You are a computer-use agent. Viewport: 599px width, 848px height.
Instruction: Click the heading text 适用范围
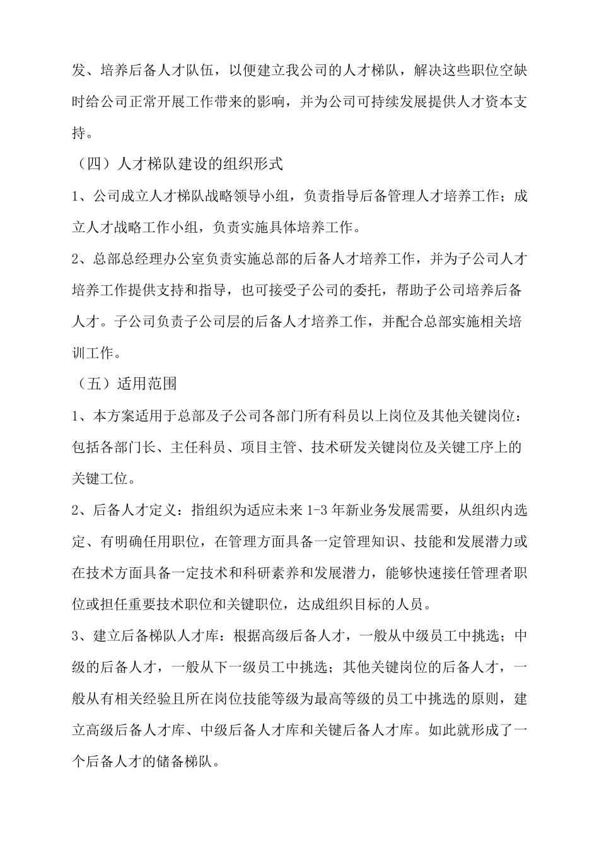147,384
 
